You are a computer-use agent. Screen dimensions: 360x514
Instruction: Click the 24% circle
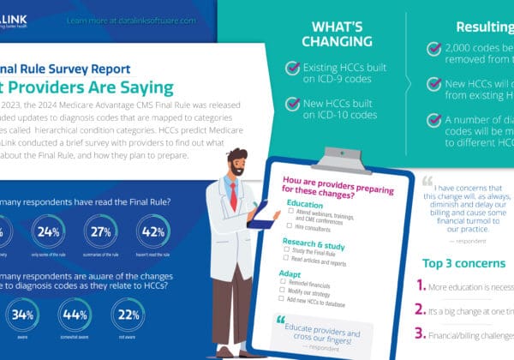tap(49, 232)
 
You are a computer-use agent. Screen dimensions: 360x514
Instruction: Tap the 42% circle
tap(153, 232)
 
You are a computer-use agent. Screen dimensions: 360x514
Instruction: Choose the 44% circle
tap(75, 314)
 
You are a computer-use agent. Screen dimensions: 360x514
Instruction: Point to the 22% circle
tap(128, 314)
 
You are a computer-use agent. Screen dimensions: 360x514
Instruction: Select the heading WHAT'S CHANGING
tap(343, 33)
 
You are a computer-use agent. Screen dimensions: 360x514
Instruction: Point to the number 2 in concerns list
tap(421, 308)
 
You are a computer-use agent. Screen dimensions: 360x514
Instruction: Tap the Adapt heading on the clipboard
tap(290, 273)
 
